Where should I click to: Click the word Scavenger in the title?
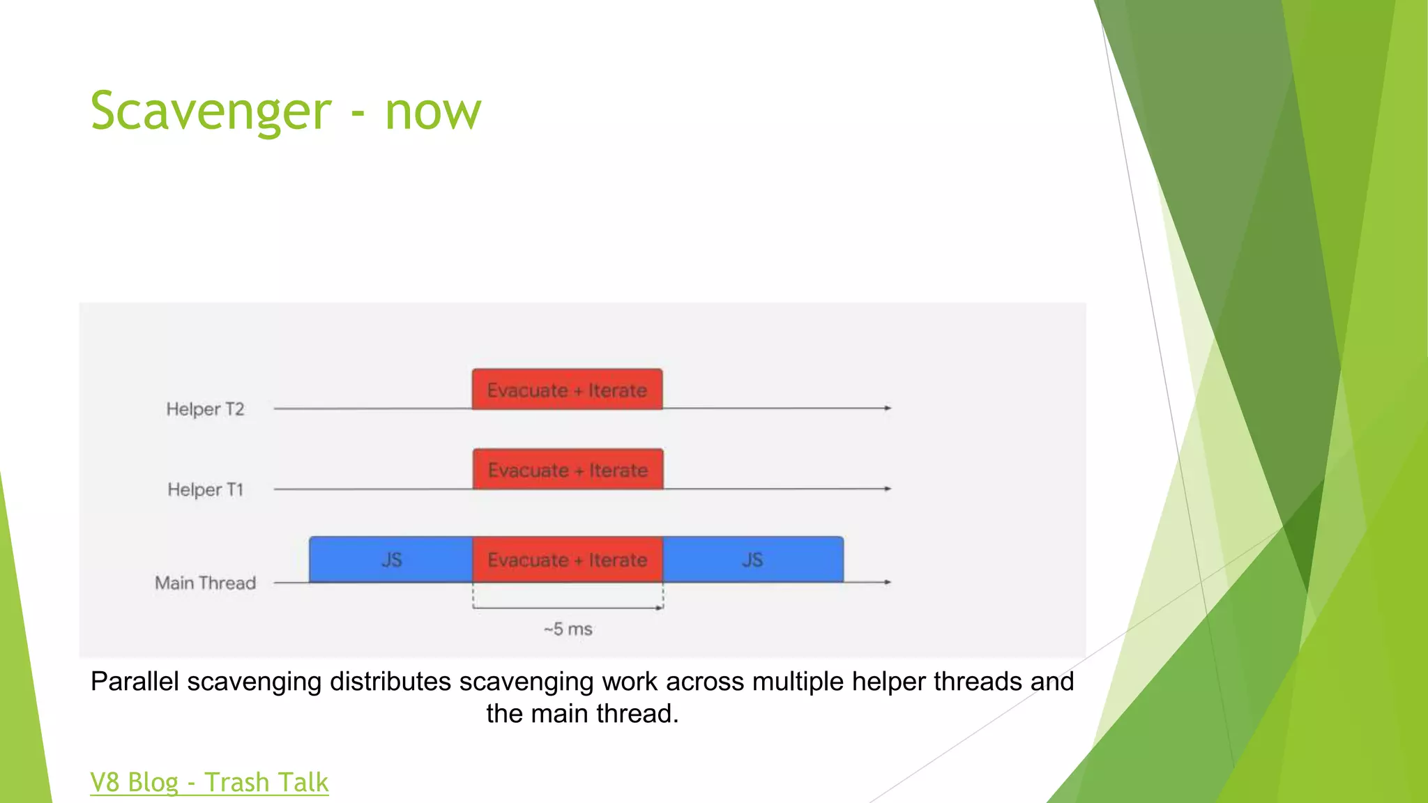point(211,112)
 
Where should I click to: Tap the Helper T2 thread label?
point(205,409)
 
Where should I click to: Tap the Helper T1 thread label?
point(205,489)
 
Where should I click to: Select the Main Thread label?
point(205,583)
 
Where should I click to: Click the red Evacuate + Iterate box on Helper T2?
point(567,390)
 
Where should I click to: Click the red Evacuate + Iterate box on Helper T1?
point(568,470)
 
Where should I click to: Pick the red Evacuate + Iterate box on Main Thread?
point(567,560)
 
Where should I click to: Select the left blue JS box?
point(391,560)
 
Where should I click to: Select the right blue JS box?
point(752,560)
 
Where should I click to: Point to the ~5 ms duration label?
point(568,629)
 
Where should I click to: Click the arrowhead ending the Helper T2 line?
point(888,408)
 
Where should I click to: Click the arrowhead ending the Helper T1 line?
point(888,489)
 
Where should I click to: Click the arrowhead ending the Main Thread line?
point(888,582)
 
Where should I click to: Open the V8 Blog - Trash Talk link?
point(209,782)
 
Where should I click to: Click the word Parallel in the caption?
point(135,682)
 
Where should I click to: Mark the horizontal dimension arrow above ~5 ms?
point(568,608)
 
